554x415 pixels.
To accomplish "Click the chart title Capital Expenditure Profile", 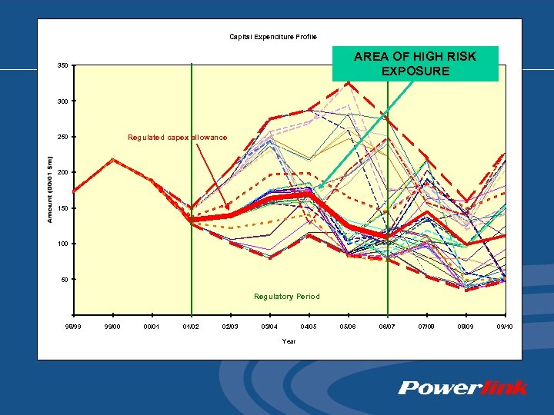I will click(x=272, y=36).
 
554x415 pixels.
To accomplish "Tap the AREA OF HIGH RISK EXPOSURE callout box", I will click(x=415, y=64).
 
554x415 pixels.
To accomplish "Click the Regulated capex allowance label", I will click(x=177, y=137).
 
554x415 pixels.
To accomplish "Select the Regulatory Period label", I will click(x=286, y=296).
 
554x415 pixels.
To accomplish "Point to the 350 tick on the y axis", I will click(x=62, y=65).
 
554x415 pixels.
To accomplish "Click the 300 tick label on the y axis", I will click(x=62, y=101).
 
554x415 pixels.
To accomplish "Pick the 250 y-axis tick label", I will click(x=62, y=137).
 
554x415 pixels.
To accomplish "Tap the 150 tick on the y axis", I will click(x=62, y=208).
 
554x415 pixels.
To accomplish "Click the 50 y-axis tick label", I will click(x=64, y=280).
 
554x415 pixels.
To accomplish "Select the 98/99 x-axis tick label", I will click(x=73, y=327).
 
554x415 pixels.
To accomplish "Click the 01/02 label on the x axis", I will click(x=191, y=327).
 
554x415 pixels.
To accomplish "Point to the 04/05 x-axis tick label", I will click(x=309, y=327).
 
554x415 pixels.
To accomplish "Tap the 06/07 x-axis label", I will click(x=388, y=327).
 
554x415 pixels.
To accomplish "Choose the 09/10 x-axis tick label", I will click(x=505, y=327).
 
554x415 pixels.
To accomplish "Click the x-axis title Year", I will click(x=289, y=341).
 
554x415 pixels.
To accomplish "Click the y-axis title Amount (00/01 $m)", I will click(x=50, y=190).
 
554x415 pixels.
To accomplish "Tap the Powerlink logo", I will click(x=462, y=387).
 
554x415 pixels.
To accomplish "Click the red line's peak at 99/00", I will click(x=113, y=160).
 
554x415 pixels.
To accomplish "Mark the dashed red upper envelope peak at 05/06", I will click(x=349, y=81).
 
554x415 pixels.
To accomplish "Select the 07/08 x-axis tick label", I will click(x=427, y=327).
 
